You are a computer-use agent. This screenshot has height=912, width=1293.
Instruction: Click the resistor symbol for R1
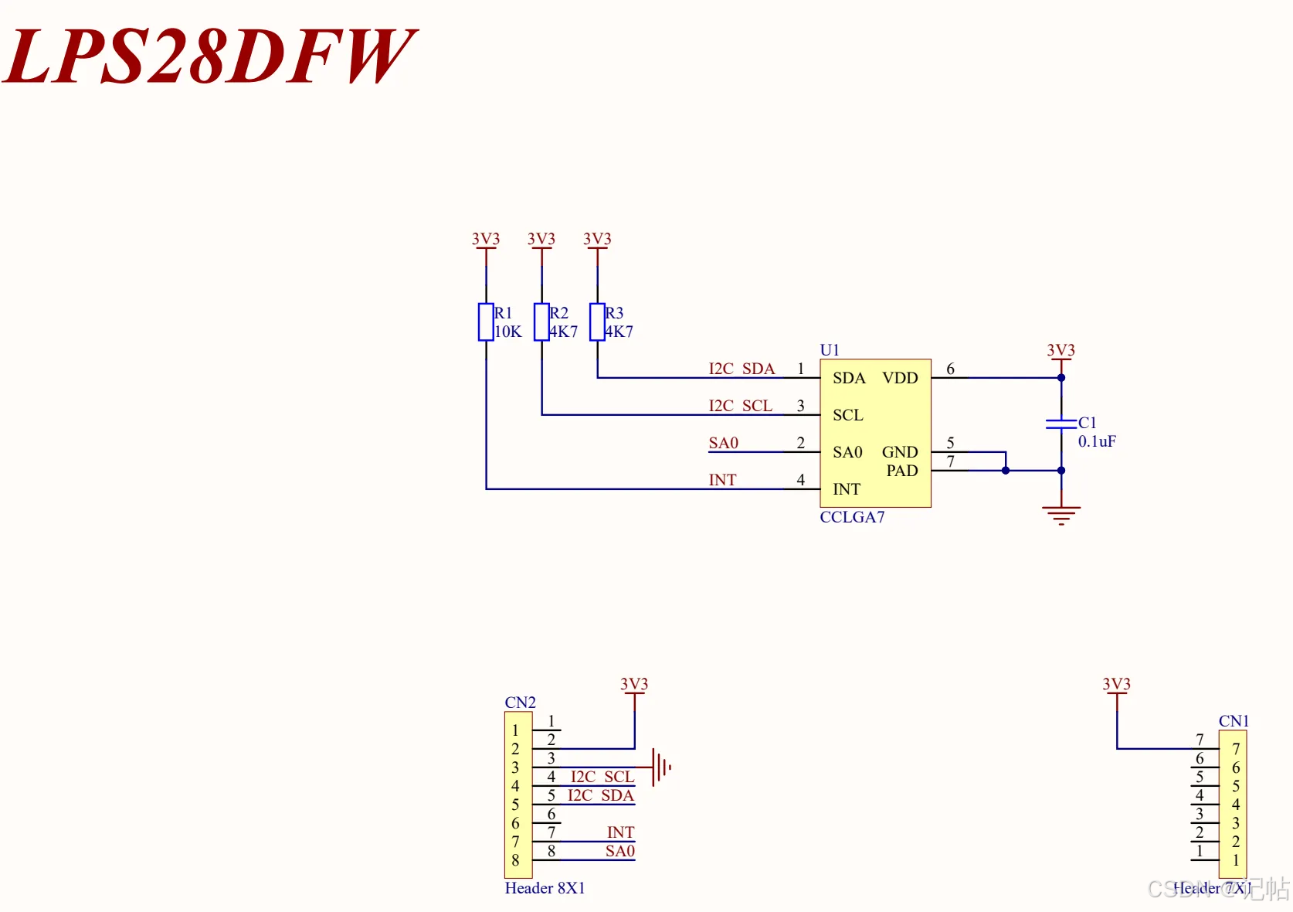click(x=486, y=322)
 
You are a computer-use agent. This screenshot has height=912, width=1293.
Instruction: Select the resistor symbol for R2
click(x=541, y=322)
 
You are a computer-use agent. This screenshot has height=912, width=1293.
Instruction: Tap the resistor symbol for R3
click(x=597, y=322)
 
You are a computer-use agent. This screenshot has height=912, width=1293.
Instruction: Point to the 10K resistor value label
click(x=508, y=332)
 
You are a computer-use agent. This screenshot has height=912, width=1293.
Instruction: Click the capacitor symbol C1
click(x=1061, y=424)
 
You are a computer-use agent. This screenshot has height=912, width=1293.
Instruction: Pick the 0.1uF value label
click(x=1097, y=442)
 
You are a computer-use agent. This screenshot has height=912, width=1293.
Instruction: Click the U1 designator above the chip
click(x=830, y=350)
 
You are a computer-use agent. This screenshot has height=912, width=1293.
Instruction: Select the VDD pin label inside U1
click(x=900, y=378)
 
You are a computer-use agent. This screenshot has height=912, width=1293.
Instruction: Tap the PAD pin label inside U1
click(x=902, y=471)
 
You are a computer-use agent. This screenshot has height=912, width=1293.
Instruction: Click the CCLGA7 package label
click(x=852, y=517)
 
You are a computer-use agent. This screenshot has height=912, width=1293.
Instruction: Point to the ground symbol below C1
click(x=1061, y=514)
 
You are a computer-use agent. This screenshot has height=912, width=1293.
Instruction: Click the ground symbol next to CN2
click(x=661, y=767)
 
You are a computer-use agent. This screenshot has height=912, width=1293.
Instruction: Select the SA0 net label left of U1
click(x=724, y=443)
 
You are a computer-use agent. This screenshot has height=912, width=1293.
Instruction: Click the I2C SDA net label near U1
click(x=742, y=369)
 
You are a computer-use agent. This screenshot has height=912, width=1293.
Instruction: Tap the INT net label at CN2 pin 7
click(x=620, y=832)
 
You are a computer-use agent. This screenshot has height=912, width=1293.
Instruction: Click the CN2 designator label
click(x=520, y=703)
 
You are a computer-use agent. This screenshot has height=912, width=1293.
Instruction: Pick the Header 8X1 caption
click(x=545, y=888)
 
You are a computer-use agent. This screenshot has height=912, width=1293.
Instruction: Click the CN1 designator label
click(x=1234, y=721)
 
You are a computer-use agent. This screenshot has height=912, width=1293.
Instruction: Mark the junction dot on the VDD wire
click(x=1061, y=378)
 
